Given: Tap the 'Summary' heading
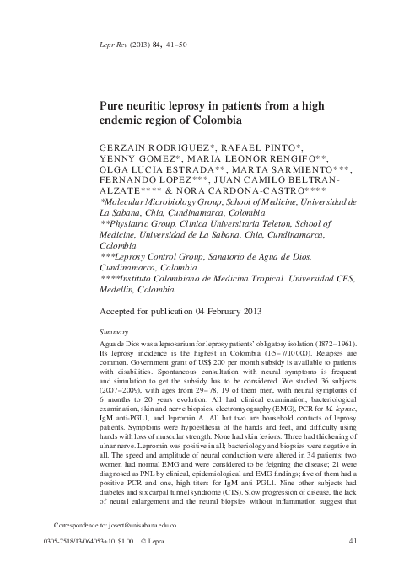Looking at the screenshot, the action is click(113, 357).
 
